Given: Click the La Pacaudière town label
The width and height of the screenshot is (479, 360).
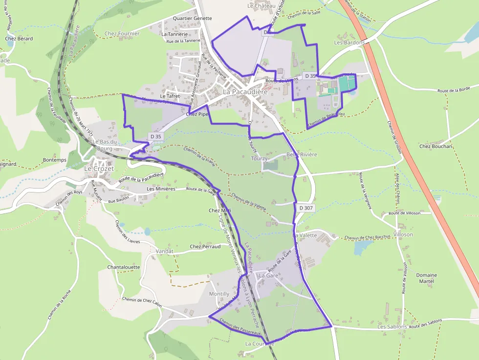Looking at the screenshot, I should pos(245,92).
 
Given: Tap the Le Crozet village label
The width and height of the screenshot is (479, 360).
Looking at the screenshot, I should pos(99,169).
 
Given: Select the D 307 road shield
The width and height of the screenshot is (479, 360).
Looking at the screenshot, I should pos(305,208).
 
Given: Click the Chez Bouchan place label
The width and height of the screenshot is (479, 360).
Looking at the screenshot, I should pos(436,146).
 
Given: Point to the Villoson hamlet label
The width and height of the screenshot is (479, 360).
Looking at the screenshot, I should pos(403,234).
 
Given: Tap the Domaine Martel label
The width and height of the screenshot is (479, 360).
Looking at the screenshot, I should pos(426,278).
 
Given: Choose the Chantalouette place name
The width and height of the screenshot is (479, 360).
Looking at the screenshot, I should pos(124,267).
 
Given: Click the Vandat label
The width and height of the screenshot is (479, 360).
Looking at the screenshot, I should pos(164,251).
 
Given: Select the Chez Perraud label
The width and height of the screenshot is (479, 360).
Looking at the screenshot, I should pos(205,247).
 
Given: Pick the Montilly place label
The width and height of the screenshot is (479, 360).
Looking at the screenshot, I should pos(219,294).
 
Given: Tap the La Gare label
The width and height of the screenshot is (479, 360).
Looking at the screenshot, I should pos(268,275).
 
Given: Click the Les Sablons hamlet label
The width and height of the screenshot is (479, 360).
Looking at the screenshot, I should pos(392,326).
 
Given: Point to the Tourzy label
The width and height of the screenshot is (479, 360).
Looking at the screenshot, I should pos(259,159).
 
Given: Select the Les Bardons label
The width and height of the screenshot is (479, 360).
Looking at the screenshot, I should pos(349,42).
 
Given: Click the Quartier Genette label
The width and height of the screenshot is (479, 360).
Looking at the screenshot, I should pos(193,18).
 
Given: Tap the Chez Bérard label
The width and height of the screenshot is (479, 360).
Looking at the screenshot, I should pos(19,39).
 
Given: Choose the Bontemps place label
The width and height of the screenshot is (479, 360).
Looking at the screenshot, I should pos(54,160).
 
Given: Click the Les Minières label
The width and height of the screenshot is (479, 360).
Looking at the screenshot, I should pos(161,189).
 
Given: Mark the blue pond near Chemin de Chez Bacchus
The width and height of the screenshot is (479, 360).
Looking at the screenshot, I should pos(363,248).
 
